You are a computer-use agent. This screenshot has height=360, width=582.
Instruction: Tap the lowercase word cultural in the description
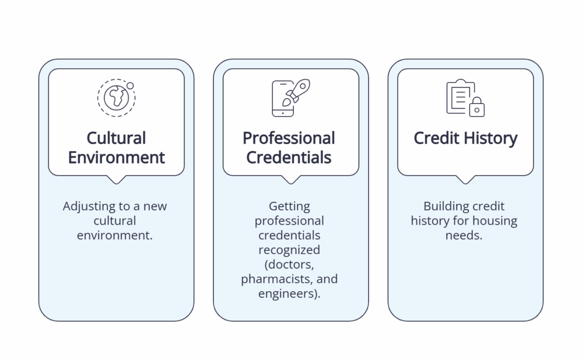coord(115,220)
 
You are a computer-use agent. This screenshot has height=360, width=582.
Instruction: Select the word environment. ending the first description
coord(115,234)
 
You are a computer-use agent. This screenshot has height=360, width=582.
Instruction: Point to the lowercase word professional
coord(290,220)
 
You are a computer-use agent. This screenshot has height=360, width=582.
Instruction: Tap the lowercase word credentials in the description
coord(290,235)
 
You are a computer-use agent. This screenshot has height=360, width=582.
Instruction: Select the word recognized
coord(290,250)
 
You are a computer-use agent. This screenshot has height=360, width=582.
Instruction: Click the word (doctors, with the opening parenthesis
coord(290,264)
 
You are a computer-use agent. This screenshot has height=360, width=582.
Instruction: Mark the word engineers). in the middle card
coord(290,294)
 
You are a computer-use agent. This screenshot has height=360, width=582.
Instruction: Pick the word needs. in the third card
coord(464,234)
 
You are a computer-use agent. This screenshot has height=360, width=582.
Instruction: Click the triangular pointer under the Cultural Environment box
coord(117,180)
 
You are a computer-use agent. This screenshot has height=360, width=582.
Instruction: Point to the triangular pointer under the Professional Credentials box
coord(291,180)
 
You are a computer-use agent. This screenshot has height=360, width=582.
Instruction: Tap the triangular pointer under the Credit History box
coord(465,180)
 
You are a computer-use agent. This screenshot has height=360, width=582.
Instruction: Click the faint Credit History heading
coord(465,138)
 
